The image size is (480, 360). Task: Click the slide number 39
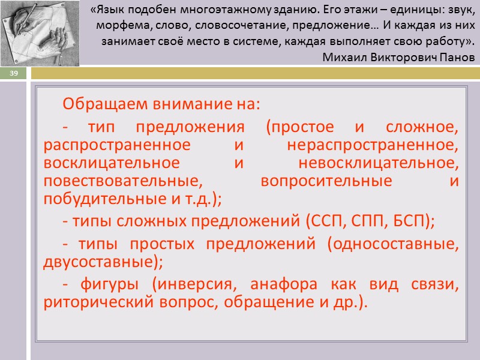click(13, 73)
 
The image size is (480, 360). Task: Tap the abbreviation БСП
click(406, 221)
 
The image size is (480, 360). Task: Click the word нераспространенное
click(373, 146)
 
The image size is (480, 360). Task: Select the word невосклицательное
click(378, 163)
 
